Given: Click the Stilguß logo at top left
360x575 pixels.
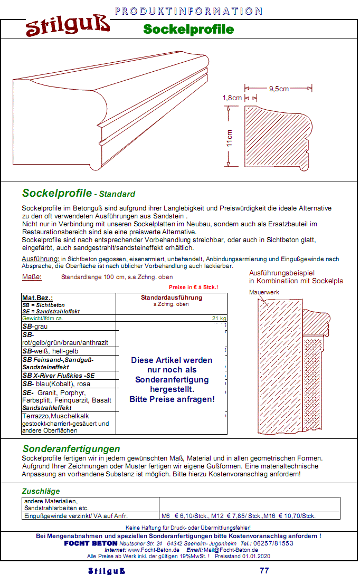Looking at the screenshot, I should coord(68,27).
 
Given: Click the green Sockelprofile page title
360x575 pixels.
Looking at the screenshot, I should coord(188,29).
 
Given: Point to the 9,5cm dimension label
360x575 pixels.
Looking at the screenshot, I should coord(279,89).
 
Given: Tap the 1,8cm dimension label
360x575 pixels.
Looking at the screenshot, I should coord(232,98).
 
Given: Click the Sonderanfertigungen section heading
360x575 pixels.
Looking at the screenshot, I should coord(71,449).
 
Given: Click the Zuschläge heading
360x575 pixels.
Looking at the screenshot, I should coord(41,491).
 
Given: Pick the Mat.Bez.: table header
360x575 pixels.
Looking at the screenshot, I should coord(37,298).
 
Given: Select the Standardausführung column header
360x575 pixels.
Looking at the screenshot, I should coord(171,298).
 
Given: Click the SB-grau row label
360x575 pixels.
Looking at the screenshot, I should coord(35,327).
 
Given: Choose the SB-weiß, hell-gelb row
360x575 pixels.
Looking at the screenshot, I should coord(50,351).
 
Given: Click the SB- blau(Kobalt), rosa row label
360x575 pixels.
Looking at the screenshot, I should coord(56,384).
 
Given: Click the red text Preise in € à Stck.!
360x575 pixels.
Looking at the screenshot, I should coord(193,287).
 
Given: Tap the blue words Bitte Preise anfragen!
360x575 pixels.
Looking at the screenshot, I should coord(172,399).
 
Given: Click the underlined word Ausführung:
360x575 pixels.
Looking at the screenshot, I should coord(40,259).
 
